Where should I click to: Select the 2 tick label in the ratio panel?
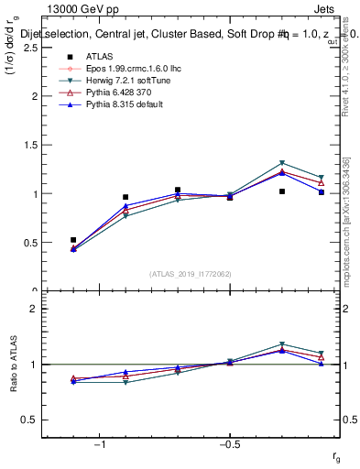click(x=33, y=309)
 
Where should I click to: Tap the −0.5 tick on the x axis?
click(x=229, y=445)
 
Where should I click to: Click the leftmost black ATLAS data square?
click(x=73, y=240)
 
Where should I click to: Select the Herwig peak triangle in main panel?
click(x=282, y=163)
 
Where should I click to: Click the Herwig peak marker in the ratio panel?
click(x=282, y=344)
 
